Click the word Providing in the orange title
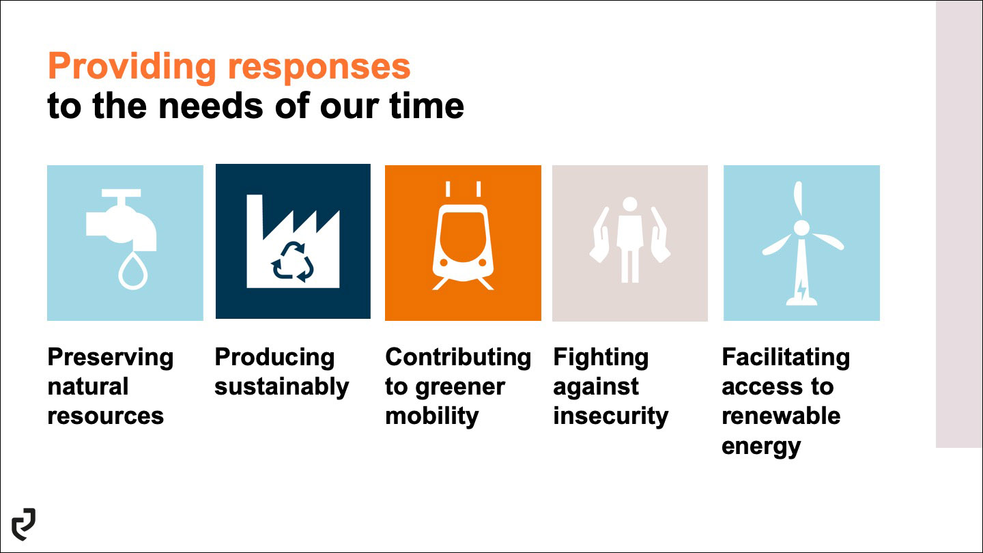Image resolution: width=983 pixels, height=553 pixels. pos(132,67)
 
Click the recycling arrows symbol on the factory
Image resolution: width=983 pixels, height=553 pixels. pos(293,261)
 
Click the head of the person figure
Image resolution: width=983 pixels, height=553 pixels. pos(629,204)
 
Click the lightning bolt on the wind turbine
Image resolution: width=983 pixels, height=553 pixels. pos(801,289)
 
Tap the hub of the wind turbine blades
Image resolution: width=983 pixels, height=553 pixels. pos(801,228)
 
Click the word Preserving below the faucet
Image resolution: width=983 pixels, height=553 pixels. pos(111,358)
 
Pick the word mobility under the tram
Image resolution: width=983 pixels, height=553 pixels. pos(432,416)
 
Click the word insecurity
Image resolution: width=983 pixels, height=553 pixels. pos(610,416)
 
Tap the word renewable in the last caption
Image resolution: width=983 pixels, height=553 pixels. pos(781,416)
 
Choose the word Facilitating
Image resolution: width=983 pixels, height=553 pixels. pos(786,358)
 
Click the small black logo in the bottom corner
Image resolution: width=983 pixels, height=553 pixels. pos(24,524)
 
